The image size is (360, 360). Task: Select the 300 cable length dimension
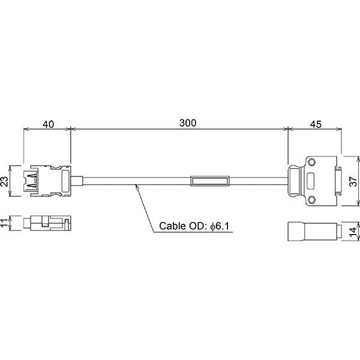click(188, 123)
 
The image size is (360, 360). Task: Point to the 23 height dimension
click(5, 181)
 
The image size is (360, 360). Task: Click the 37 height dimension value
click(354, 181)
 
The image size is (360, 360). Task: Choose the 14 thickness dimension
click(354, 230)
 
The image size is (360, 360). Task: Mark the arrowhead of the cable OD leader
click(137, 187)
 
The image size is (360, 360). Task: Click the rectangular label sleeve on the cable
click(209, 181)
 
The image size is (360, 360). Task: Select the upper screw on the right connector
click(311, 162)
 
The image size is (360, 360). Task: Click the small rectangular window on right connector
click(312, 181)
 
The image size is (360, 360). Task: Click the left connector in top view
click(47, 181)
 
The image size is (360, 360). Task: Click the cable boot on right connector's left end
click(293, 181)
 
